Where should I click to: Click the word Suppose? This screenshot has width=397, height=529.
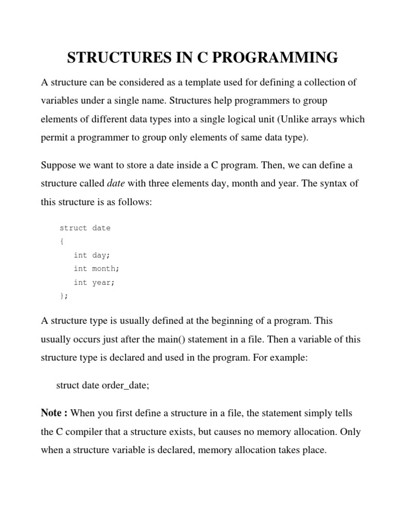(x=58, y=165)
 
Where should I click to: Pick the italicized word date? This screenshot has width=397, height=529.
(x=116, y=183)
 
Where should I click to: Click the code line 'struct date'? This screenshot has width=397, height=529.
(x=85, y=228)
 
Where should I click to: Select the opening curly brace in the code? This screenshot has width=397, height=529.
(x=62, y=241)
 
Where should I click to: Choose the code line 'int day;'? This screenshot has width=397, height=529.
(x=92, y=255)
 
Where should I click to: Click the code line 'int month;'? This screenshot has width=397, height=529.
(x=96, y=269)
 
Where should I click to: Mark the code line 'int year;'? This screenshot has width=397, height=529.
(x=94, y=282)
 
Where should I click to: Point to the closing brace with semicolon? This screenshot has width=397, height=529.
(x=64, y=296)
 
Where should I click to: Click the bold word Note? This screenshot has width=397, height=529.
(x=52, y=413)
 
